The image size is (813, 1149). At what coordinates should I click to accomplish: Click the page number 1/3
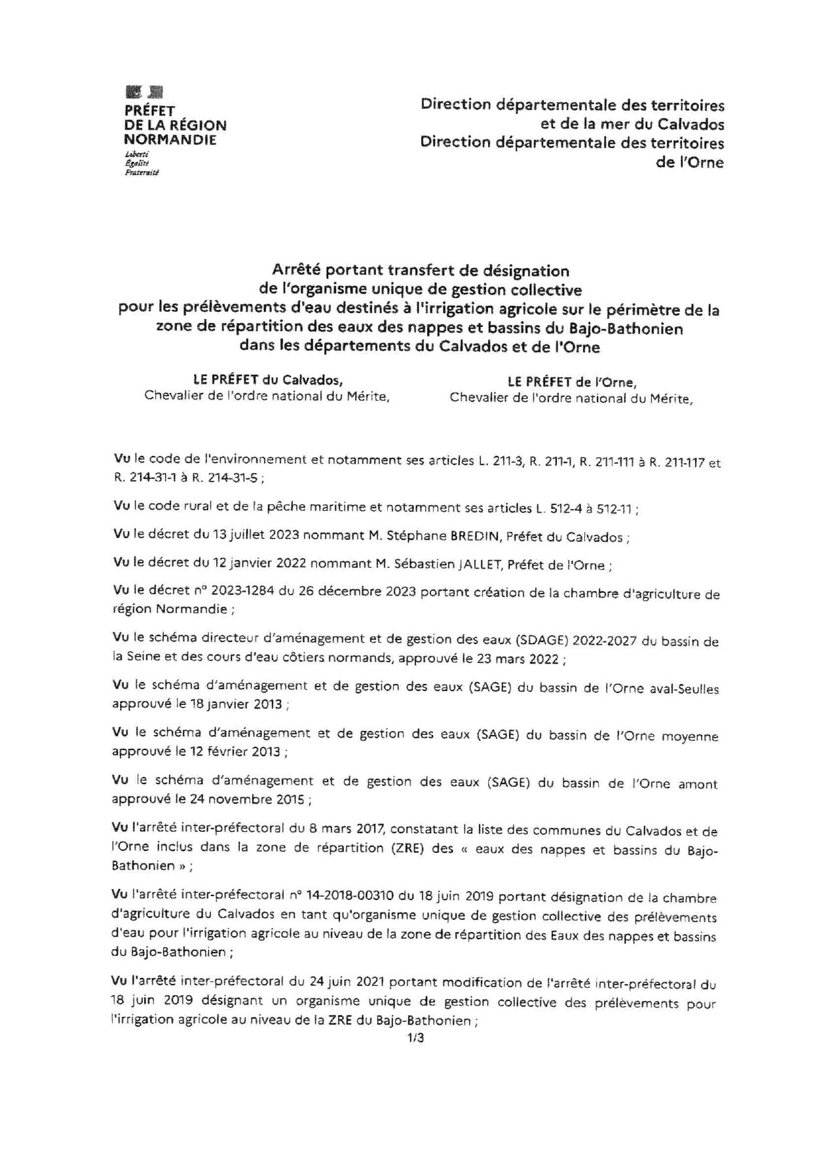click(415, 1038)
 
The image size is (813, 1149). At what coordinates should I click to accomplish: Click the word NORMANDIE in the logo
click(170, 140)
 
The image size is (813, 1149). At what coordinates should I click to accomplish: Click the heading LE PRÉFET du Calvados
click(267, 380)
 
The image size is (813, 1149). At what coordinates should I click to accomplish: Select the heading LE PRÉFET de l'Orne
click(571, 382)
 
